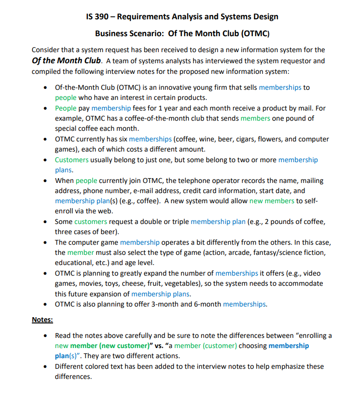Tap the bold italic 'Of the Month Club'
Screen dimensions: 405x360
click(67, 60)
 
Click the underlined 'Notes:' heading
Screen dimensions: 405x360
click(42, 320)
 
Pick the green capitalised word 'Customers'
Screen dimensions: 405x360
click(71, 160)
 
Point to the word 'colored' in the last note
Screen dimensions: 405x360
click(101, 366)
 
